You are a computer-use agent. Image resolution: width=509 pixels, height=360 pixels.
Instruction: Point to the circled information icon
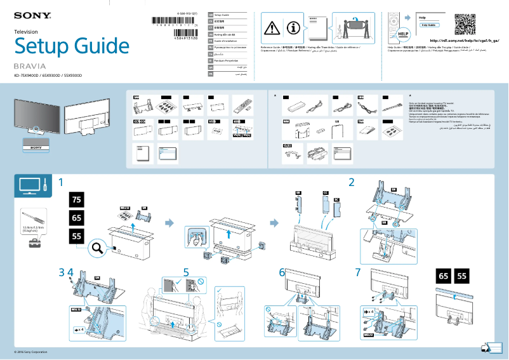coord(293,27)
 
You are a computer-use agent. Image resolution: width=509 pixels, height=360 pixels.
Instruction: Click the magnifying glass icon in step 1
coord(98,249)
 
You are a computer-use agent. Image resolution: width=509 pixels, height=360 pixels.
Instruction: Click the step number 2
coord(351,182)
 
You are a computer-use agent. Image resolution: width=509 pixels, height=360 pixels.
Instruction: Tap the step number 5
coord(186,272)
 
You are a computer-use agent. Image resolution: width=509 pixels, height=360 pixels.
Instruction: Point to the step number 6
coord(282,272)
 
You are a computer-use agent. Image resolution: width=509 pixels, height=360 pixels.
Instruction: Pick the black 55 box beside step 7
coord(462,276)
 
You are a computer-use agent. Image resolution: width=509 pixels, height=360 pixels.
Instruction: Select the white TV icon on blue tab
coord(28,185)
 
